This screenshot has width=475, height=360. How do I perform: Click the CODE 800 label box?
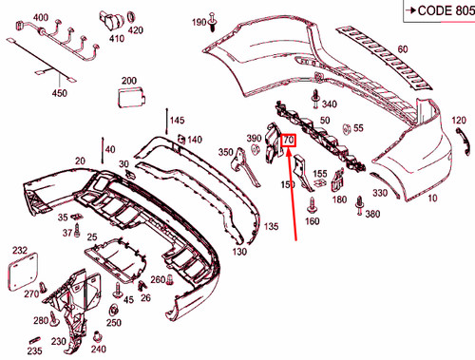[x=436, y=10]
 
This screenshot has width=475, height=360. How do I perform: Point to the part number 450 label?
[x=60, y=93]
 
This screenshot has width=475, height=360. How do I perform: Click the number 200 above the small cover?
[x=129, y=81]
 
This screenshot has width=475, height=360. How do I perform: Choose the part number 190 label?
[x=198, y=21]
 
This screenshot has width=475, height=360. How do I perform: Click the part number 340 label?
[x=330, y=104]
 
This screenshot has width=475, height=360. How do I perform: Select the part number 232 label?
[x=19, y=250]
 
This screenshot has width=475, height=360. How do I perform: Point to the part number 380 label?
[x=371, y=214]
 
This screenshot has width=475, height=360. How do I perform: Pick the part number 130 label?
[x=238, y=252]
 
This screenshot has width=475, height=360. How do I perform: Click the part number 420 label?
[x=134, y=30]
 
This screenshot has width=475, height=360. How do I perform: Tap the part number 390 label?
[x=254, y=140]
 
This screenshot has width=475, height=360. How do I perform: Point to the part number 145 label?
[x=177, y=120]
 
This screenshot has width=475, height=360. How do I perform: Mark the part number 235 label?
[x=35, y=351]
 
